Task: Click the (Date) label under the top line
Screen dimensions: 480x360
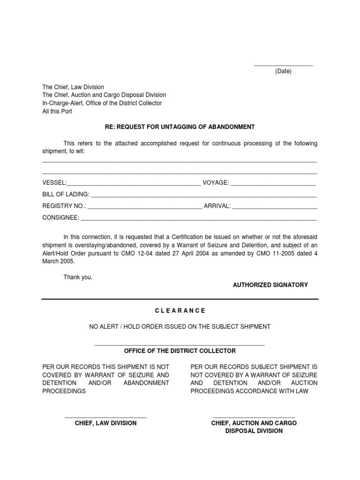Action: pos(283,71)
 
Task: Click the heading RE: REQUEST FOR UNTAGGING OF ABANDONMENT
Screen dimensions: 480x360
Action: pos(180,127)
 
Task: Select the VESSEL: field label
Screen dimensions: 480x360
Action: pos(55,182)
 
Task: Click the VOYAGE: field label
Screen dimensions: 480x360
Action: pos(215,182)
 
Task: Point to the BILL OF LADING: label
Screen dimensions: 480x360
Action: pos(66,194)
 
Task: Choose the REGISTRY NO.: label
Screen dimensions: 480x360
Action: pos(64,206)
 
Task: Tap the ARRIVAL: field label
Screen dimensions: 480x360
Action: pos(217,206)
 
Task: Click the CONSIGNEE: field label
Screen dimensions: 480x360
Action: pos(61,217)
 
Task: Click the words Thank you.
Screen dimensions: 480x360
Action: pos(78,277)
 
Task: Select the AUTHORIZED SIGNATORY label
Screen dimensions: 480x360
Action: pos(270,285)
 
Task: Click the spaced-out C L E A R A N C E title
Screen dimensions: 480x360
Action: pos(180,311)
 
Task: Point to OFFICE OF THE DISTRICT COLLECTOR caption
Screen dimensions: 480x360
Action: pos(180,351)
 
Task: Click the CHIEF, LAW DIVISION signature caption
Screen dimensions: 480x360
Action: pos(106,423)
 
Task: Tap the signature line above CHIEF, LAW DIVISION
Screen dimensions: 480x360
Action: pos(106,416)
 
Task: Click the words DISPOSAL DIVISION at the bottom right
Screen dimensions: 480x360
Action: pos(254,430)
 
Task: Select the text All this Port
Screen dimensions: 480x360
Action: pos(57,112)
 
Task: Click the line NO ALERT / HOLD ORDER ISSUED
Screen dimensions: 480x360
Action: pos(180,326)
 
